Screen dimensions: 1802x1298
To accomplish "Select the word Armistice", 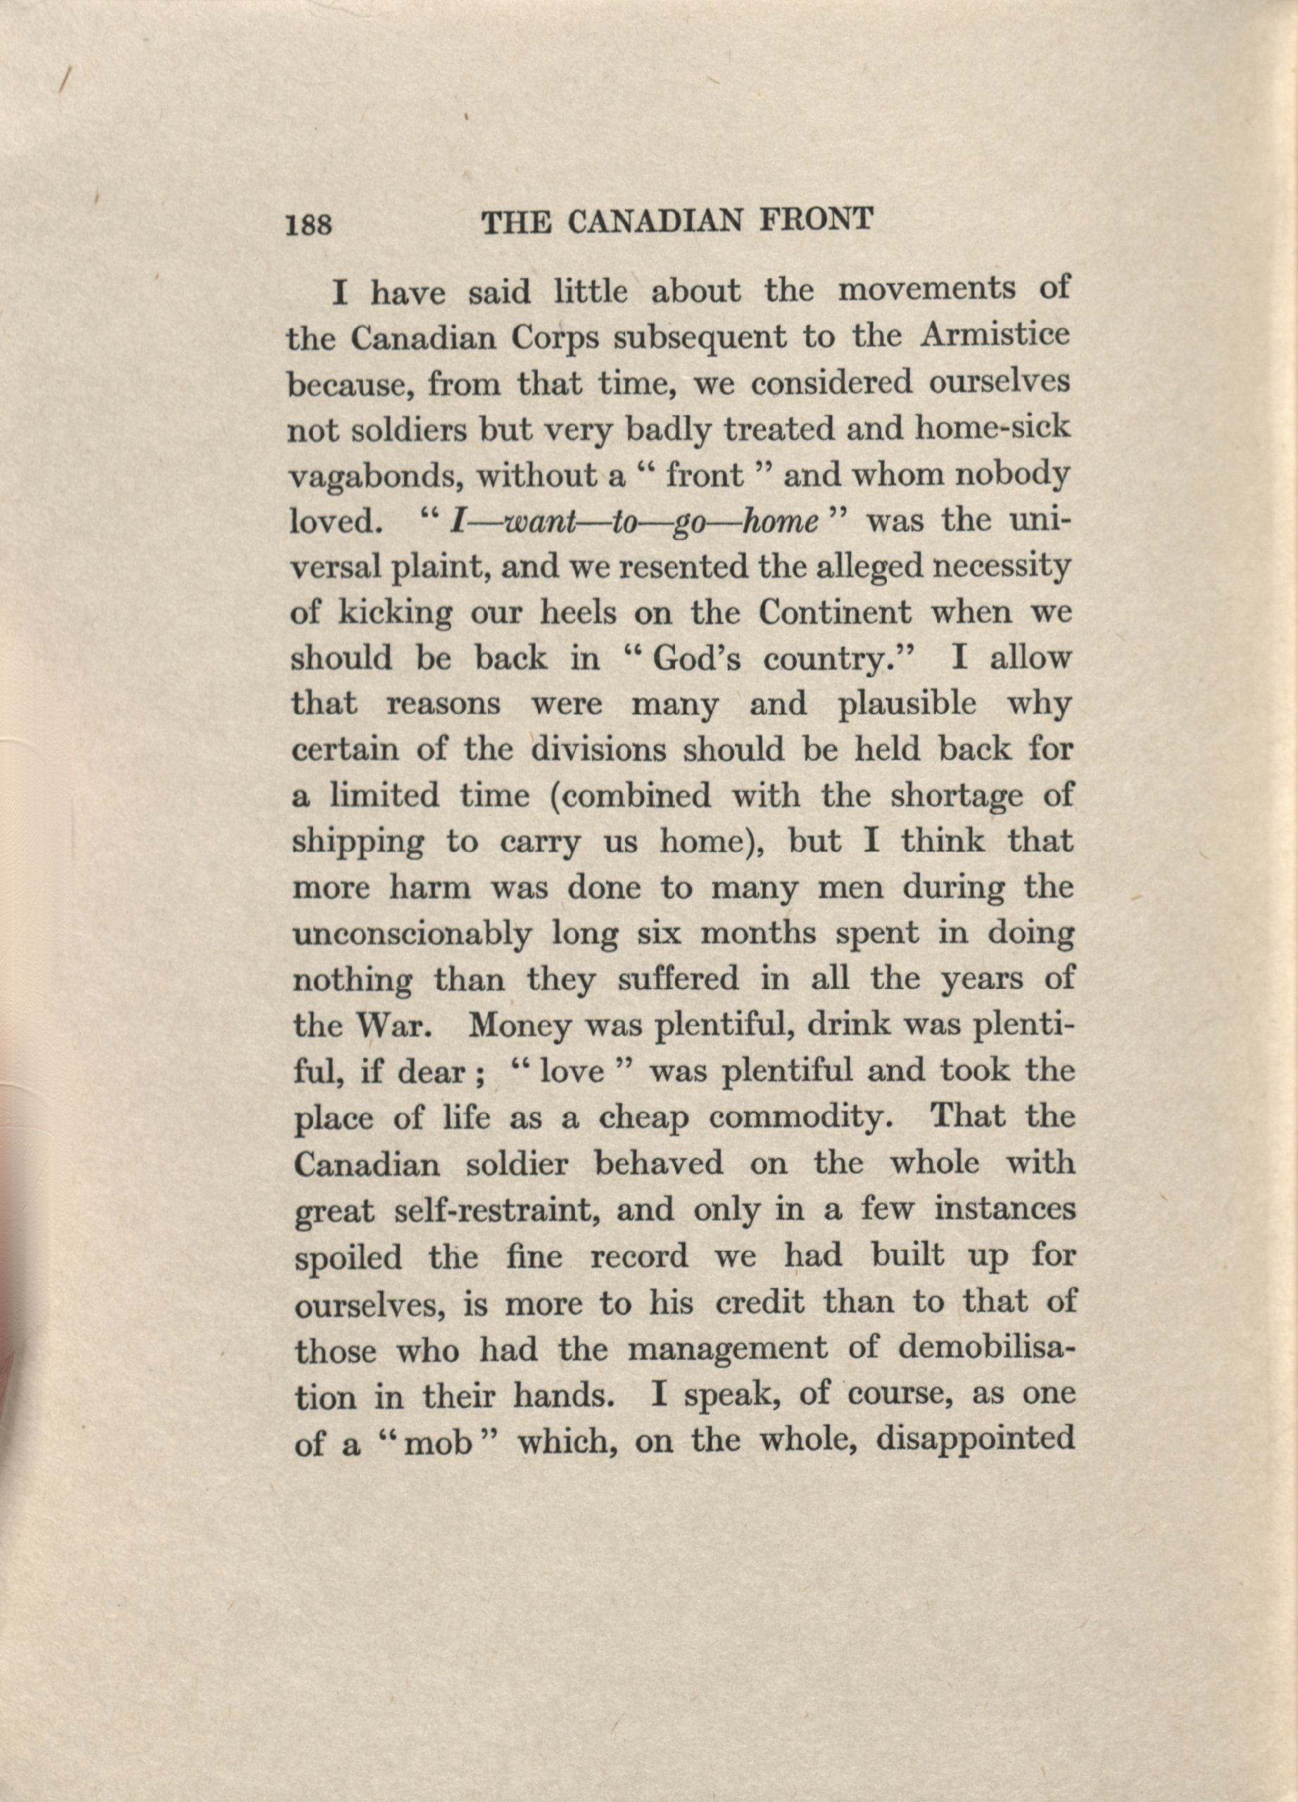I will click(x=995, y=337).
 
